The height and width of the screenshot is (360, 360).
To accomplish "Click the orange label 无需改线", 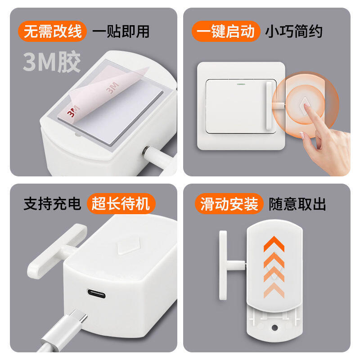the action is (x=53, y=31).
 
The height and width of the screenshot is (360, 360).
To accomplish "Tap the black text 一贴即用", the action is (x=121, y=31).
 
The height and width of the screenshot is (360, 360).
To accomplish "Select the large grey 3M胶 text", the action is (x=52, y=62).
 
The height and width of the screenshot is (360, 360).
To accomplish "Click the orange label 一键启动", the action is (x=226, y=31).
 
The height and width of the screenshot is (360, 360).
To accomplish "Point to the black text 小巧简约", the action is (x=294, y=31).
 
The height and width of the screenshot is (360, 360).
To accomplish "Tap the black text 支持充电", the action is (x=52, y=203).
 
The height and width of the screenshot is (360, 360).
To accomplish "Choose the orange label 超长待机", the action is (x=121, y=203).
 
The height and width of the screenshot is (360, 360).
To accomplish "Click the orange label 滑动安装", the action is (x=229, y=204).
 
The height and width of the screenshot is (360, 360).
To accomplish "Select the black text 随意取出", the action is (x=297, y=204).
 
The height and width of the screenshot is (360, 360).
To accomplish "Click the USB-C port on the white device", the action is (x=96, y=293).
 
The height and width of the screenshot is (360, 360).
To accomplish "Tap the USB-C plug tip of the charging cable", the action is (x=79, y=316).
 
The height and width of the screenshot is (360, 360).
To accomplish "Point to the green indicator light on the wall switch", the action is (x=241, y=84).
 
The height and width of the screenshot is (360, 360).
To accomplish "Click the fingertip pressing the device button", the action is (x=306, y=106).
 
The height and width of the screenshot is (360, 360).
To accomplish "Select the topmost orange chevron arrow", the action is (x=274, y=243).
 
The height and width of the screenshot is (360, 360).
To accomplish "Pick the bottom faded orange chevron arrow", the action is (x=274, y=290).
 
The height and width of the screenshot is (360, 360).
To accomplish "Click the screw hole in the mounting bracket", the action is (x=274, y=328).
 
